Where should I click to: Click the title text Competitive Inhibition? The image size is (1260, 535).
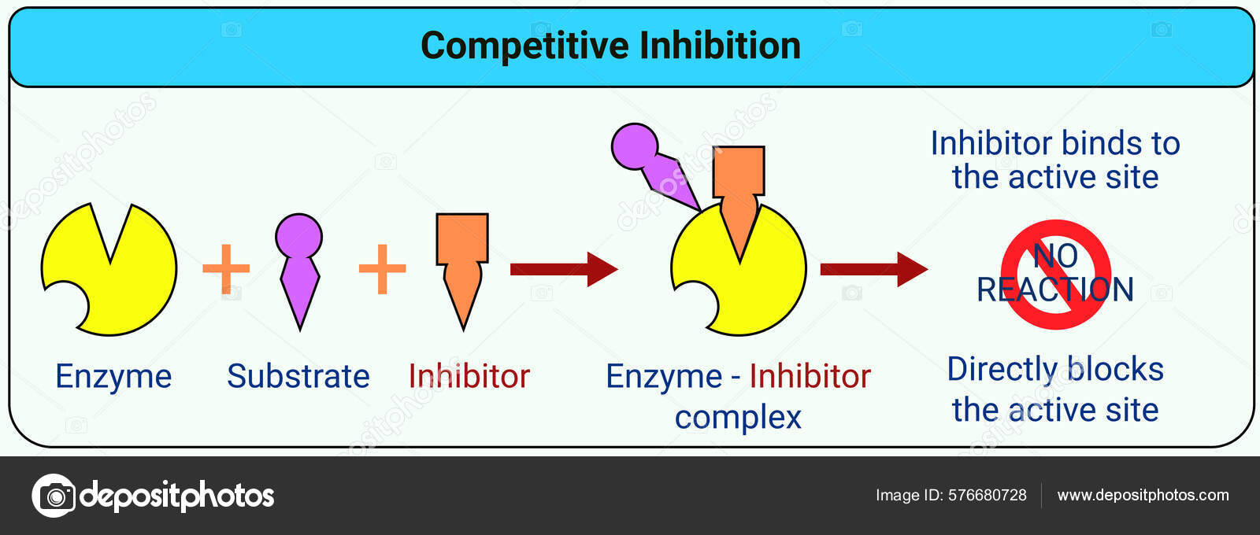pos(610,46)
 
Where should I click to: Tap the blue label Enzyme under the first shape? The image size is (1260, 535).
pos(113,377)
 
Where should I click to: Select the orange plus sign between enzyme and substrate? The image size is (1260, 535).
pos(226,268)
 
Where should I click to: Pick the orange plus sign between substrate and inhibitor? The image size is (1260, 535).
pos(382,268)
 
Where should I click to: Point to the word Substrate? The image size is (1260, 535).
pos(298,377)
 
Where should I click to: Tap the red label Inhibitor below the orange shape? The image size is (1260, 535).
pos(469,377)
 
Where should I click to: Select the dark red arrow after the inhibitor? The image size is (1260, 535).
pos(563,269)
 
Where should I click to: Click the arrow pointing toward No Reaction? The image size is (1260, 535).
pos(873,269)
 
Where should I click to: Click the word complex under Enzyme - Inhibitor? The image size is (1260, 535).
pos(738,418)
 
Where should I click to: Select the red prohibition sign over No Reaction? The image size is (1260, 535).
pos(1055,273)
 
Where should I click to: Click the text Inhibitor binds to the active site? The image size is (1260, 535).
pos(1054,160)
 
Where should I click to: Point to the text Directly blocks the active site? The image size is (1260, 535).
pos(1054,389)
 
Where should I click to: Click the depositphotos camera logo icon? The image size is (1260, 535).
pos(54,496)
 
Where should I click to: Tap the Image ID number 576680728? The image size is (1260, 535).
pos(987,495)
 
